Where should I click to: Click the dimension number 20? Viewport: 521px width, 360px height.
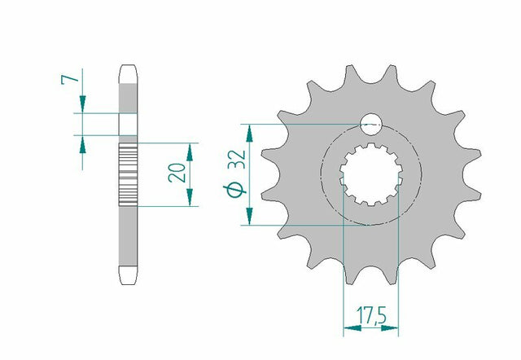tap(177, 172)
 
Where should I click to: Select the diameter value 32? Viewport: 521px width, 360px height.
tap(237, 160)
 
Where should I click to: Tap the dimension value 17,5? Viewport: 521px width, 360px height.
tap(371, 315)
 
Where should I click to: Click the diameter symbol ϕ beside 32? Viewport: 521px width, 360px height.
tap(234, 191)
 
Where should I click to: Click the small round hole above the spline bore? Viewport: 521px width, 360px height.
tap(371, 125)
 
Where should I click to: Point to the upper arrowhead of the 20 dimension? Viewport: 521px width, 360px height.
tap(190, 152)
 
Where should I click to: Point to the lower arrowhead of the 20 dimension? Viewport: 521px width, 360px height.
tap(190, 197)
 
